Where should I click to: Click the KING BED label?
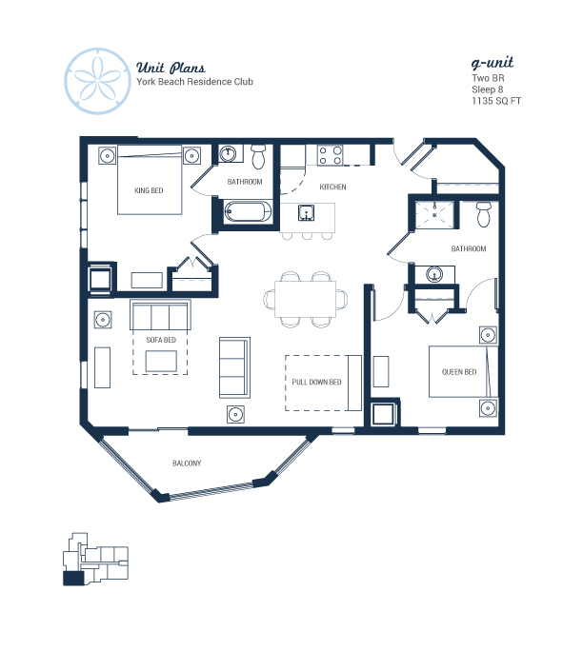pos(149,190)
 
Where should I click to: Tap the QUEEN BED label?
pos(459,372)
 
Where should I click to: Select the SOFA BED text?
pos(161,340)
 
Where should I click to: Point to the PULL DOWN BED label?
pos(316,382)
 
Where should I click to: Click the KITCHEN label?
pos(332,187)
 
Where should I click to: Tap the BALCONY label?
pos(187,463)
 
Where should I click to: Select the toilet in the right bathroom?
pos(483,214)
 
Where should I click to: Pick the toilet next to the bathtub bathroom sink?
pos(258,156)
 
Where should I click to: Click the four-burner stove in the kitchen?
pos(330,155)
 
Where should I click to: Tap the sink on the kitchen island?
pos(306,213)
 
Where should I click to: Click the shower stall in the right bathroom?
pos(434,215)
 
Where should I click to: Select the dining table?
pos(305,299)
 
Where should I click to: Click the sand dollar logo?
pos(98,81)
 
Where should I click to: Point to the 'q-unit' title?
pos(492,63)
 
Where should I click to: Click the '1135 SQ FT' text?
pos(496,101)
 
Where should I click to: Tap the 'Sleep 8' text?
pos(487,89)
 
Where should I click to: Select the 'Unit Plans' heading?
pos(171,68)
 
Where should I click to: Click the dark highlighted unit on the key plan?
pos(73,578)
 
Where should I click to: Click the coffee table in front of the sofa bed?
pos(161,361)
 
